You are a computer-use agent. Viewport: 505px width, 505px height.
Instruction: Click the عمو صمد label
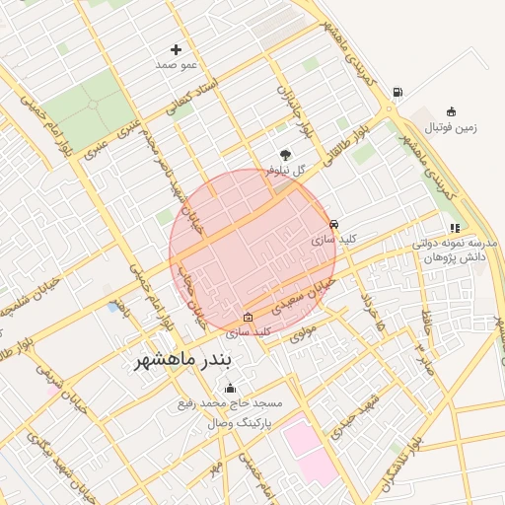click(177, 64)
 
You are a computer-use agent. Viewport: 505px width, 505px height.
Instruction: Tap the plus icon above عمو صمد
click(177, 49)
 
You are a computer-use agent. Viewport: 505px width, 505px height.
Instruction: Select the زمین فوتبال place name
click(449, 127)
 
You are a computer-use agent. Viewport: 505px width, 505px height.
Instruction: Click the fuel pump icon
click(397, 93)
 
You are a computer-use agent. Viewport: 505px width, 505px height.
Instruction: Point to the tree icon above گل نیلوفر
click(286, 154)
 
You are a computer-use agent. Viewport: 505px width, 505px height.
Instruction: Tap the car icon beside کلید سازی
click(334, 225)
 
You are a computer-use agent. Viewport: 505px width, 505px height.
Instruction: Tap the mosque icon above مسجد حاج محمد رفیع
click(231, 388)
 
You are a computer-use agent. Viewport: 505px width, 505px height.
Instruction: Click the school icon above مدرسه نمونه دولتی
click(454, 229)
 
